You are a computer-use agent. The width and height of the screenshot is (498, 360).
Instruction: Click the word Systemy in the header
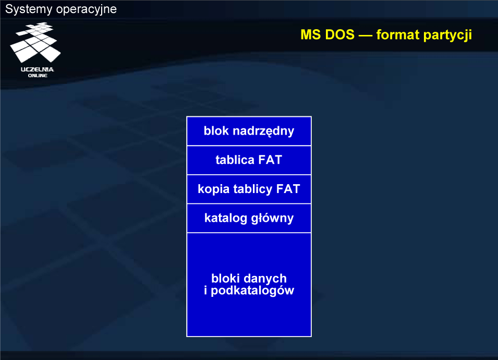(x=29, y=9)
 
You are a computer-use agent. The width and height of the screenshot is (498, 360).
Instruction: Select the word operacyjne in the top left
(x=87, y=10)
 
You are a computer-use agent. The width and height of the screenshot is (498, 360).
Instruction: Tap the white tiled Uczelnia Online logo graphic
(x=35, y=42)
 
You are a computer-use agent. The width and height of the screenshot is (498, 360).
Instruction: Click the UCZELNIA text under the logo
(x=38, y=69)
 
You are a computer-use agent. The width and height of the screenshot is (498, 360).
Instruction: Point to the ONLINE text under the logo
(x=38, y=76)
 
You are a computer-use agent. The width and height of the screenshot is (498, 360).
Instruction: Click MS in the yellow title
(x=310, y=34)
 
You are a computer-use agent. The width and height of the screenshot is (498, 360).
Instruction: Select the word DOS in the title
(x=339, y=34)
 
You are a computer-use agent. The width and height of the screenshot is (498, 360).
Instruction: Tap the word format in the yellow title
(x=398, y=34)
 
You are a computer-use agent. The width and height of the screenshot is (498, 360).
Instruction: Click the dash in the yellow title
(x=365, y=35)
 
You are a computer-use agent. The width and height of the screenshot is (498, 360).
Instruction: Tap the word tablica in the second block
(x=235, y=160)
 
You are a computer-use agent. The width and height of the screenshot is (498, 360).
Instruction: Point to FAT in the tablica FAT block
(x=270, y=160)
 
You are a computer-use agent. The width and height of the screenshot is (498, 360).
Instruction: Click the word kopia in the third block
(x=213, y=189)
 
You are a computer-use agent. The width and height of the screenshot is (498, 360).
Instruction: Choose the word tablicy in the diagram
(x=253, y=189)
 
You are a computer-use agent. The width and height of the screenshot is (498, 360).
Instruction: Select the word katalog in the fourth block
(x=225, y=218)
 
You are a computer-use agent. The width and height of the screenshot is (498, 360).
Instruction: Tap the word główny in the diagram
(x=273, y=218)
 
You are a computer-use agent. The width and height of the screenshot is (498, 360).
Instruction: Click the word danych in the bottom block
(x=267, y=279)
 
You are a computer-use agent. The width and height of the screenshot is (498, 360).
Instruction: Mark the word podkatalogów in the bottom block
(x=252, y=291)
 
